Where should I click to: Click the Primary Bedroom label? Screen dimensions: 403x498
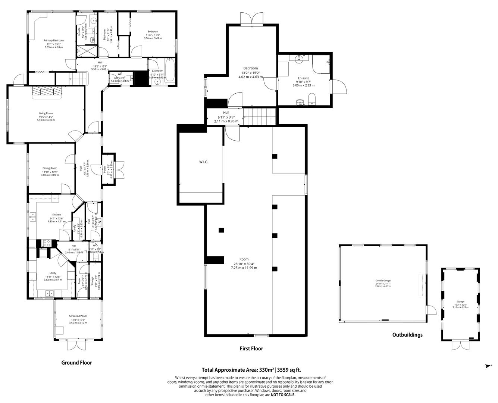53,40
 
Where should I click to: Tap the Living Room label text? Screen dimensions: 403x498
46,113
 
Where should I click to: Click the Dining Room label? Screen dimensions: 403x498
50,168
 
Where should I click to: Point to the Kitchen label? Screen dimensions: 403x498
56,215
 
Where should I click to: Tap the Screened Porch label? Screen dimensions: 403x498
78,316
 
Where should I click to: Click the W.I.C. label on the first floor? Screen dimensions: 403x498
203,162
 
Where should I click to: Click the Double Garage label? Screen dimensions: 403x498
383,280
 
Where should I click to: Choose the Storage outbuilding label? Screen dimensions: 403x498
460,302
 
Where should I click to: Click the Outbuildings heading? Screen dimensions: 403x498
407,335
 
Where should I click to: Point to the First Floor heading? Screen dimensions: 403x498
251,349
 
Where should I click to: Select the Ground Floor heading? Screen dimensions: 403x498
76,362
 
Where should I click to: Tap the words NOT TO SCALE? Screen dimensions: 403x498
283,394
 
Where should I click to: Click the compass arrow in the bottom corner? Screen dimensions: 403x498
488,366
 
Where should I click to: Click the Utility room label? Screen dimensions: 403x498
50,273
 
